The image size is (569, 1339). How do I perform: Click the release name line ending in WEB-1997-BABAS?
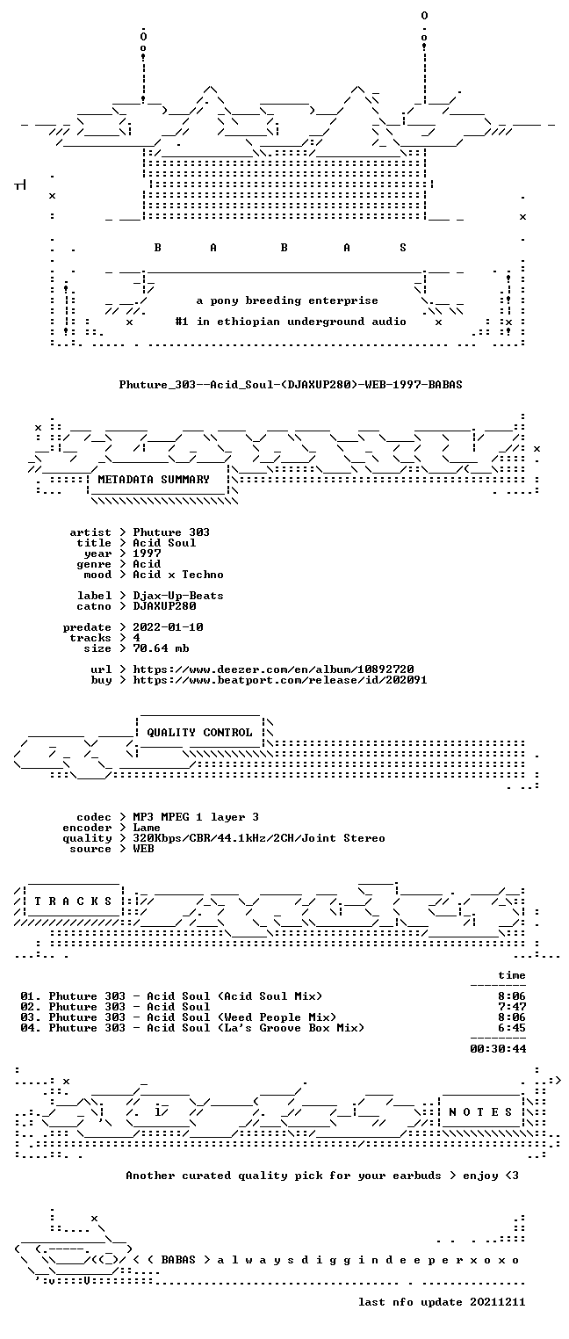pos(291,385)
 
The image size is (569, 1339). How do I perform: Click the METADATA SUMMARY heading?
pos(154,480)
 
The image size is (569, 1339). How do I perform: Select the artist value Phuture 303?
pos(171,532)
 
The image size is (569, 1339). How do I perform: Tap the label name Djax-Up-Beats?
pos(178,596)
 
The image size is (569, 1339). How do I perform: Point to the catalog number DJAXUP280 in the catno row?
pos(164,606)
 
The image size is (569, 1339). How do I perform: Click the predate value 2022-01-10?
pos(168,627)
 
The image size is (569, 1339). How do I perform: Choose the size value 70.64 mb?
pos(161,648)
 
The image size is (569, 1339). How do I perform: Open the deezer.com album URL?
pos(273,669)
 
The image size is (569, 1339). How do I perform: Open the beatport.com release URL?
pos(280,680)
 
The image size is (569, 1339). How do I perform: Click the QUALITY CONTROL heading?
pos(199,733)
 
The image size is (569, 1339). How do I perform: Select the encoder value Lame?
pos(147,828)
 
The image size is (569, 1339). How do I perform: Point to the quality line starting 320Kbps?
pos(259,838)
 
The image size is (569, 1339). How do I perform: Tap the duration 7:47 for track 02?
pos(512,1007)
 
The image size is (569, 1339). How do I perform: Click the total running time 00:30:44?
pos(498,1048)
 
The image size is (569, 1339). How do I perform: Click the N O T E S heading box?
pos(480,1111)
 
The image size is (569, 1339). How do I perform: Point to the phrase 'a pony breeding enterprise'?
pos(287,300)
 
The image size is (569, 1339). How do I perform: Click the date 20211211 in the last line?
pos(498,1302)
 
